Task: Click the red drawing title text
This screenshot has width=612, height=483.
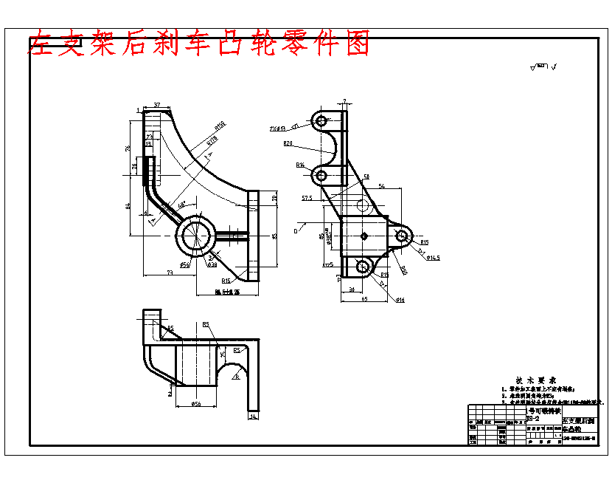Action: [x=198, y=44]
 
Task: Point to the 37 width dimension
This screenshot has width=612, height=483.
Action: [x=157, y=105]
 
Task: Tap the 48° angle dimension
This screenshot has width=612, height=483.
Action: [x=181, y=205]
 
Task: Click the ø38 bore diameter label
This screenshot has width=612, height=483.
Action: [x=212, y=264]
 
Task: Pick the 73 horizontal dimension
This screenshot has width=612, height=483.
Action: [x=170, y=273]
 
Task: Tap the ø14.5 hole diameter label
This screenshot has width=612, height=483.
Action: [x=432, y=258]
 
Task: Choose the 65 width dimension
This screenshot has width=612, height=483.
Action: [x=364, y=298]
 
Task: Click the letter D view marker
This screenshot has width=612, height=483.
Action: [x=295, y=231]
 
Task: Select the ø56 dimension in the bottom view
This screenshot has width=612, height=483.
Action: [x=196, y=404]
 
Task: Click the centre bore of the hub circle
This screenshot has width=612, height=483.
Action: [x=198, y=236]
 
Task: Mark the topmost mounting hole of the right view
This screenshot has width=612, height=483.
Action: [x=320, y=120]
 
